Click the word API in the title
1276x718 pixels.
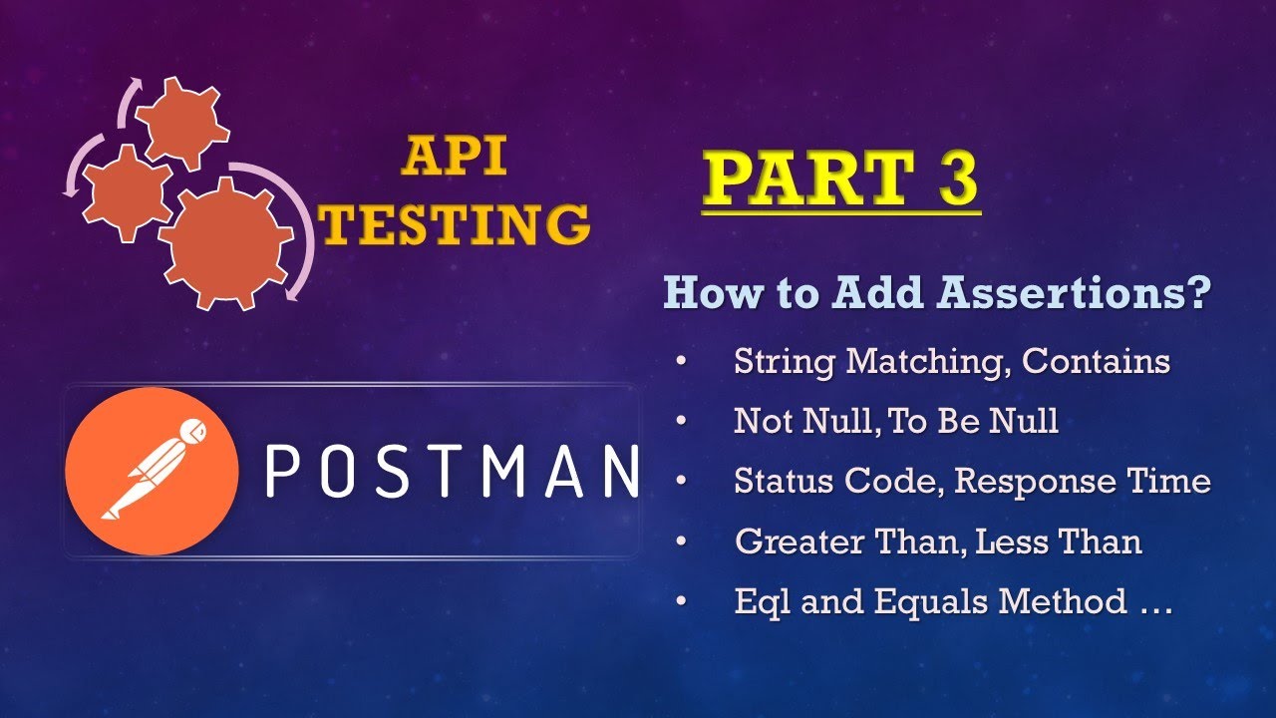point(453,158)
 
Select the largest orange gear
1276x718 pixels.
point(225,243)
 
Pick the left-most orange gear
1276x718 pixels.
point(125,191)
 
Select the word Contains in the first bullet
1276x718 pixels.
point(1096,361)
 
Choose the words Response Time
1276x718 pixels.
point(1083,482)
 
